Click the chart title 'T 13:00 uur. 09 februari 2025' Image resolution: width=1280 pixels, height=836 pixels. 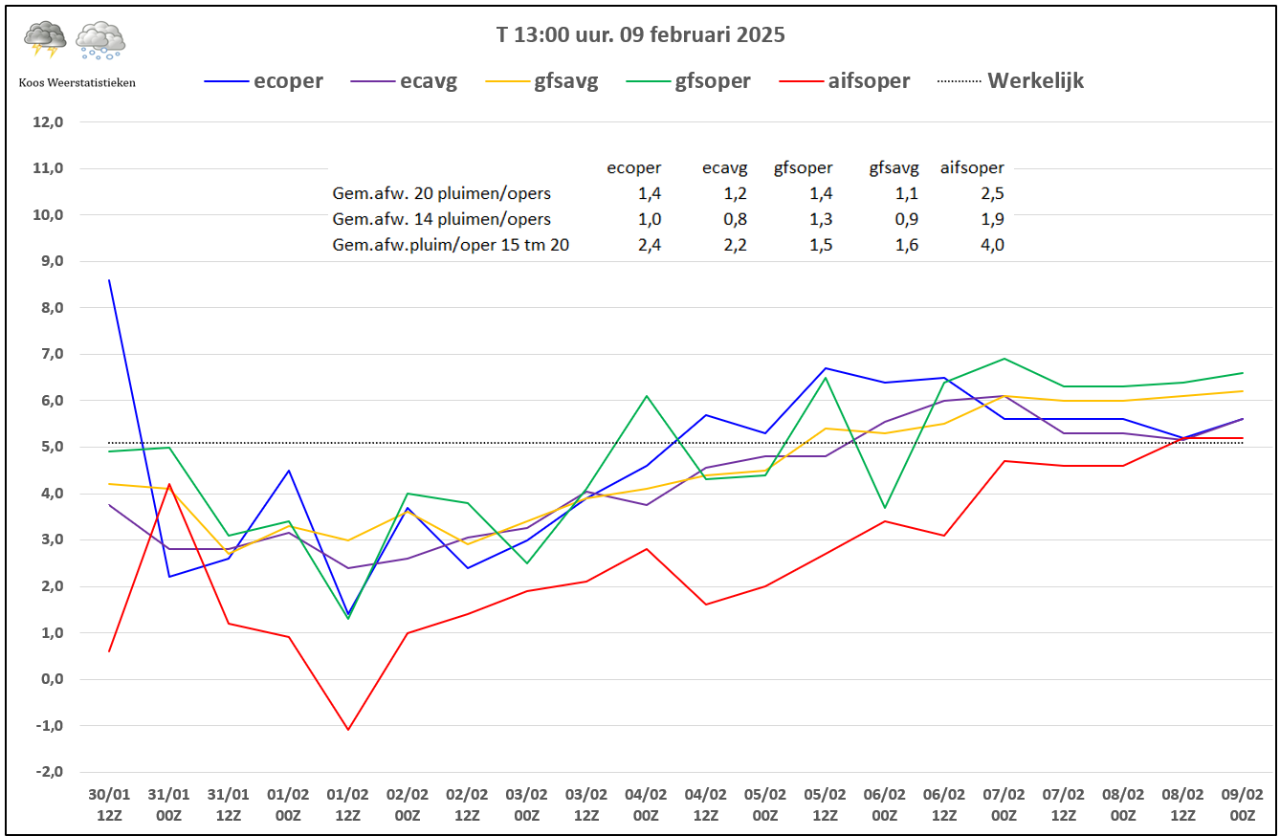[x=640, y=34]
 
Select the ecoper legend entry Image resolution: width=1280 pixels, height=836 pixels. [x=263, y=81]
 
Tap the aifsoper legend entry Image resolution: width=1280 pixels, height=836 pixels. [x=844, y=81]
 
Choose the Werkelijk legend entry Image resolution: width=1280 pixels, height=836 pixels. [x=1010, y=80]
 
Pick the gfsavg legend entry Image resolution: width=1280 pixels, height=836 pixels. [x=541, y=81]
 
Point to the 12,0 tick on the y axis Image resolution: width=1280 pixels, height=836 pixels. [x=48, y=121]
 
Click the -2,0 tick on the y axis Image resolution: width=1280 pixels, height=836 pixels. [x=49, y=772]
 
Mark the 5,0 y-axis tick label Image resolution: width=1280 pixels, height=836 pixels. [x=52, y=447]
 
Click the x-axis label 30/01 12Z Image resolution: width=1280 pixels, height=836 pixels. [x=109, y=804]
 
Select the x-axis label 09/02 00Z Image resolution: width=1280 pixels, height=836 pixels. [x=1243, y=804]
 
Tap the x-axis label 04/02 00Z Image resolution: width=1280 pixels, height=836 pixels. [x=646, y=804]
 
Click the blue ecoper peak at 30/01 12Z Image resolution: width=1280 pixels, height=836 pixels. [x=109, y=280]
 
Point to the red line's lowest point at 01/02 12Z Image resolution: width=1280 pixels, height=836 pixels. [x=347, y=730]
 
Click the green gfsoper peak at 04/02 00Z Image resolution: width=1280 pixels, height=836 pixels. [x=647, y=395]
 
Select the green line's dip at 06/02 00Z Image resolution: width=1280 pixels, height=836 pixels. [x=885, y=507]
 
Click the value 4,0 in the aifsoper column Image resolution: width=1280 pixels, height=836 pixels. [x=993, y=245]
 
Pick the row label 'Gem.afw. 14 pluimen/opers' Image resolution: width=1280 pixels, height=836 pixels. [x=442, y=219]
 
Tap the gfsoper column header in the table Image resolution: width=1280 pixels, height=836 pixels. [x=803, y=168]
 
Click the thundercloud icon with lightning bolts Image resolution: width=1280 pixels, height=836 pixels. [x=45, y=39]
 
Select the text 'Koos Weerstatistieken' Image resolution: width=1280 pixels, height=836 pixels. [x=77, y=83]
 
